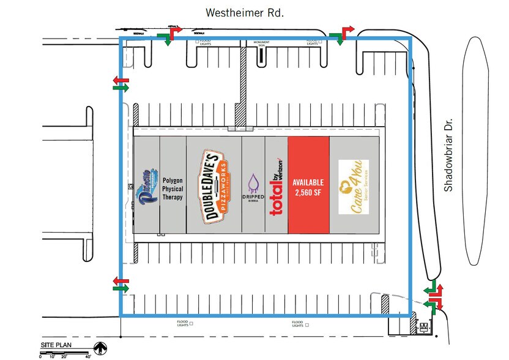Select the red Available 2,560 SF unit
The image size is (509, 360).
click(308, 184)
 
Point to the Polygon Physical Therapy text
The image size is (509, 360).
click(173, 189)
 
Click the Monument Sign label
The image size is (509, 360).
click(258, 43)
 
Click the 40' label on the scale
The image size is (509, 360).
click(88, 356)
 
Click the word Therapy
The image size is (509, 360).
click(173, 198)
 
